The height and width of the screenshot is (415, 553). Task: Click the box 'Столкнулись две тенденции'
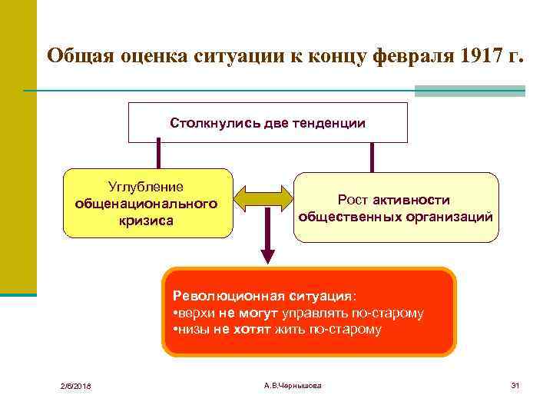click(267, 123)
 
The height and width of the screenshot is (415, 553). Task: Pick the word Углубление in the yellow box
click(146, 187)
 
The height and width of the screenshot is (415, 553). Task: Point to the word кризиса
click(146, 221)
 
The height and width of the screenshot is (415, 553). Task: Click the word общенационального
click(146, 204)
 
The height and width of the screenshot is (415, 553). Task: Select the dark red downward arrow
click(267, 246)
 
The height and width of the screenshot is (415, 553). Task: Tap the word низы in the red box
click(195, 330)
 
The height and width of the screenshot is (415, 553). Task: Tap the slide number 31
click(515, 384)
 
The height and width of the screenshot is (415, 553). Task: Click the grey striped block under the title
click(469, 91)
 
